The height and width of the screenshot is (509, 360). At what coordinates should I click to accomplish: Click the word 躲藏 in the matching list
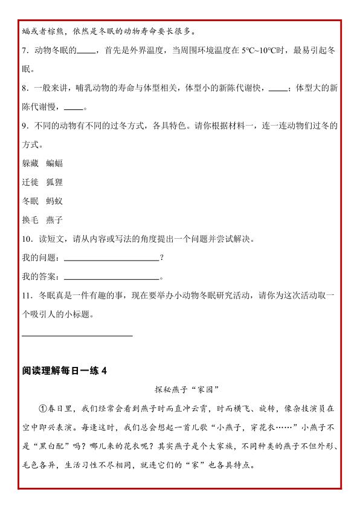(x=30, y=163)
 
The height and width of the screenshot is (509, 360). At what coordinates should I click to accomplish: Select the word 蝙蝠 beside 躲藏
(x=54, y=163)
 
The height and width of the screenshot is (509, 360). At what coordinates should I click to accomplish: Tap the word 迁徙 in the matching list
(x=30, y=182)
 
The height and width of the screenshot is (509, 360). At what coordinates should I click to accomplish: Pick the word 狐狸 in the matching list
(x=54, y=182)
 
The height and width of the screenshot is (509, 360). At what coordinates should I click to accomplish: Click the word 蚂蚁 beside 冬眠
(x=54, y=201)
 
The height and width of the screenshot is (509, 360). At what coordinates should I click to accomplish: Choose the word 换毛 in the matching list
(x=30, y=220)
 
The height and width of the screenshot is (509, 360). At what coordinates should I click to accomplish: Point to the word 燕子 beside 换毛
(x=54, y=220)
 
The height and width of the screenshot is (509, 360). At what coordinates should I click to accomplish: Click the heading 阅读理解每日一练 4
(x=64, y=371)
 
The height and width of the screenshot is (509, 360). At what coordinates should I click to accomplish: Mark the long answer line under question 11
(x=77, y=335)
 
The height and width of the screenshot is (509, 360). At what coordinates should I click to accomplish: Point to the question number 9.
(x=24, y=126)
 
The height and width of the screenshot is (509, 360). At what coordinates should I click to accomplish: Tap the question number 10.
(x=26, y=239)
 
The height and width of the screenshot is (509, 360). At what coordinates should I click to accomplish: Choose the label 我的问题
(x=40, y=258)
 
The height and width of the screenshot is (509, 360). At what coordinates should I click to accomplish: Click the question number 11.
(x=26, y=296)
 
